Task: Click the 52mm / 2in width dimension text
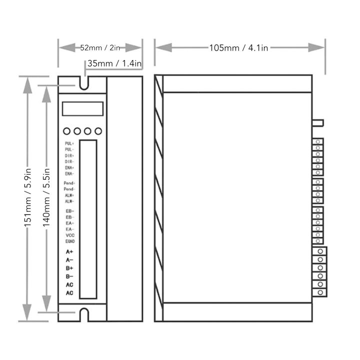[100, 48]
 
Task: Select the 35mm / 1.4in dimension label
[114, 63]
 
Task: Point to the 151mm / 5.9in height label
[28, 198]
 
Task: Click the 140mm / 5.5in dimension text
[46, 198]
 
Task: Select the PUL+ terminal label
[69, 144]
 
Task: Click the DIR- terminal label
[69, 162]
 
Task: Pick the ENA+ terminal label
[69, 168]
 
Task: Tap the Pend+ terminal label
[69, 183]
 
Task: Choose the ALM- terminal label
[69, 201]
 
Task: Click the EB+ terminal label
[69, 211]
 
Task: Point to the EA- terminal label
[69, 229]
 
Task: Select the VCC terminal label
[70, 235]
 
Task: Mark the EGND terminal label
[70, 241]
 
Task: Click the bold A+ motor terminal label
[69, 251]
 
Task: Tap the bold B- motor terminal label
[69, 276]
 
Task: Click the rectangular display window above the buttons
[82, 108]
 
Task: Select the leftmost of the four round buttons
[67, 131]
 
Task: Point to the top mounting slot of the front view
[84, 81]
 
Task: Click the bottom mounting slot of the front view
[84, 314]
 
